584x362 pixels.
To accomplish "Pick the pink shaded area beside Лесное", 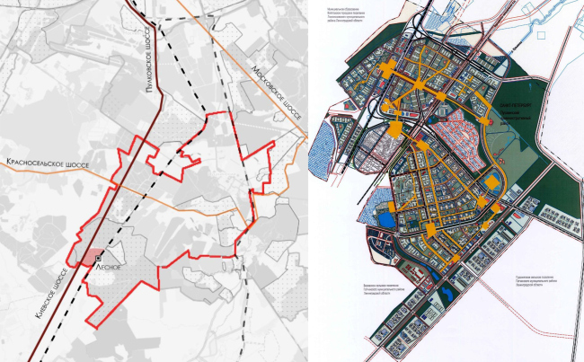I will [x=91, y=257].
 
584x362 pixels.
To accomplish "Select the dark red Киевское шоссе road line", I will [x=135, y=144].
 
